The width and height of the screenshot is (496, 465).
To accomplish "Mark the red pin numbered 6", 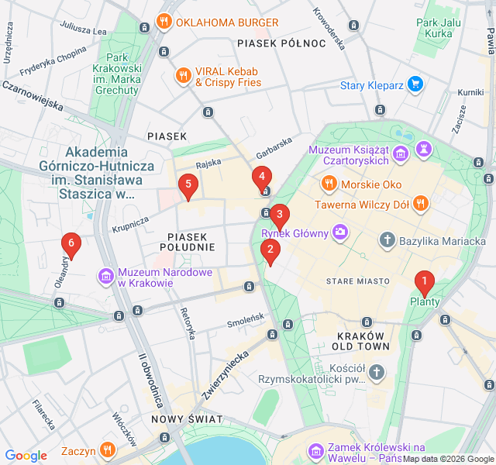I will coord(71,245).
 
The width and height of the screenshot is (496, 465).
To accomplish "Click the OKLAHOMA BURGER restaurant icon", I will coord(164,22).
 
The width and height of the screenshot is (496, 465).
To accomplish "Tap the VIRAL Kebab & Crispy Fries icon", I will coord(183,75).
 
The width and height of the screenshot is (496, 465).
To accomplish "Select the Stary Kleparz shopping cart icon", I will coord(415,84).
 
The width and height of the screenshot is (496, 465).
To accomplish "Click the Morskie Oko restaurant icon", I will coord(329,184).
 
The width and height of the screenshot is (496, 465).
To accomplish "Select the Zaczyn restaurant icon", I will coord(107,449).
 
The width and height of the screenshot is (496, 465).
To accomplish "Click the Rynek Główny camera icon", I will coord(339,232).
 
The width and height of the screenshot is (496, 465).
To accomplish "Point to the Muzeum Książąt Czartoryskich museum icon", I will coord(401,155).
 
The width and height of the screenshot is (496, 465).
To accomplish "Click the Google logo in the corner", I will coord(26,456).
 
